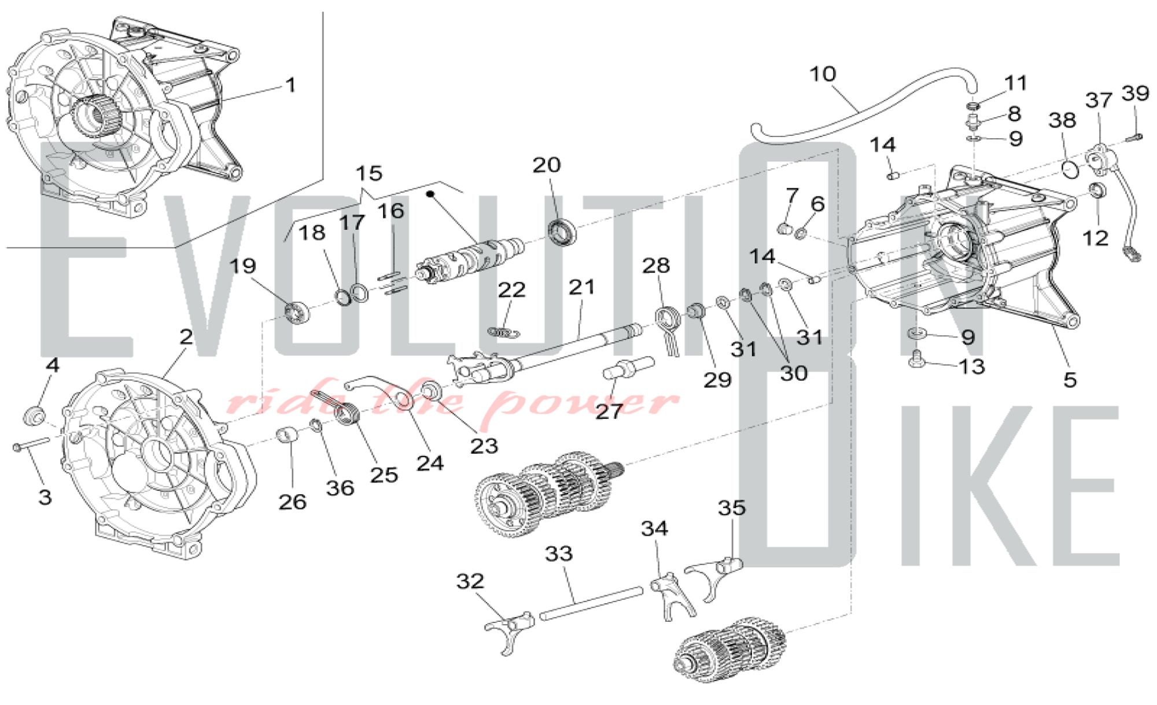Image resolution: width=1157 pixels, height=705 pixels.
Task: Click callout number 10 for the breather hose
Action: point(823,74)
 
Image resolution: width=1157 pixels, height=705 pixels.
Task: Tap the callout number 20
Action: point(547,165)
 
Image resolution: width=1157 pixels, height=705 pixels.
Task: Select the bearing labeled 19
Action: point(297,313)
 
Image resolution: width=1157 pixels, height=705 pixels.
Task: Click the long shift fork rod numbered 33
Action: point(591,604)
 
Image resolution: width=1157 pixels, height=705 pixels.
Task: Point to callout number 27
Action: point(609,411)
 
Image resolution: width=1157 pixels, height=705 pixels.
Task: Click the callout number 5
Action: point(1070,380)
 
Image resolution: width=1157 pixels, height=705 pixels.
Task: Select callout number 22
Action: point(511,290)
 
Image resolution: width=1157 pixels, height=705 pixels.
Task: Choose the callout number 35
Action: point(732,508)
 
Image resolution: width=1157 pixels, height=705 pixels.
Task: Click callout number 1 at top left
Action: point(291,85)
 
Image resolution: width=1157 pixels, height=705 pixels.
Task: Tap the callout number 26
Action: point(292,502)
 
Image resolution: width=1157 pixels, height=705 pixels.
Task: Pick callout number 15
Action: point(369,173)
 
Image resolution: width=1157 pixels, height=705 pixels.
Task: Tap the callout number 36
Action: point(340,488)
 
